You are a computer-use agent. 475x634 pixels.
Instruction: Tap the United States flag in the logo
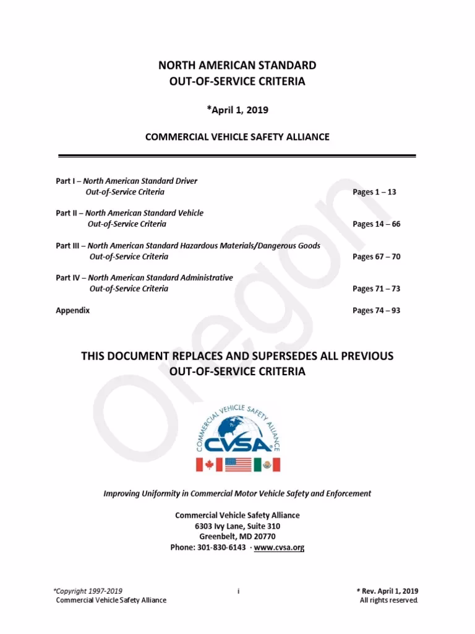tap(238, 464)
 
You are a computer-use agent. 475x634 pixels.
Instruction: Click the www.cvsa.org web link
tap(280, 547)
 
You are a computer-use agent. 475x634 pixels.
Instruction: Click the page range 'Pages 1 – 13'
tap(374, 192)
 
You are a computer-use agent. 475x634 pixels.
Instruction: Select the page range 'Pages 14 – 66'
tap(376, 224)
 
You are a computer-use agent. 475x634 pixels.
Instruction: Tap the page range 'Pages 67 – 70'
tap(376, 256)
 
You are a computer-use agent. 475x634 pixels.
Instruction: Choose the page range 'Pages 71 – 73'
tap(376, 289)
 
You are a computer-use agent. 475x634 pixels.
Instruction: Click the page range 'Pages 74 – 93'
tap(376, 310)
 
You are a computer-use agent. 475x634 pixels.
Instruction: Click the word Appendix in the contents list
tap(73, 310)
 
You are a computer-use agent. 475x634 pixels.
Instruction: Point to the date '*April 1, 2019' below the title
tap(237, 110)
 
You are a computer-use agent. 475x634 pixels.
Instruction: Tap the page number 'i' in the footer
tap(238, 591)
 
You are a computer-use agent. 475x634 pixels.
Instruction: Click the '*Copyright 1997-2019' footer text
tap(88, 591)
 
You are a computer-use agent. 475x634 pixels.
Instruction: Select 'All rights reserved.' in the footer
tap(389, 601)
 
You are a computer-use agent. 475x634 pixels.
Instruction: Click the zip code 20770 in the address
tap(263, 537)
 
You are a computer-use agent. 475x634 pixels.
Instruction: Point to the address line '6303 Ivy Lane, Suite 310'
tap(237, 526)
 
